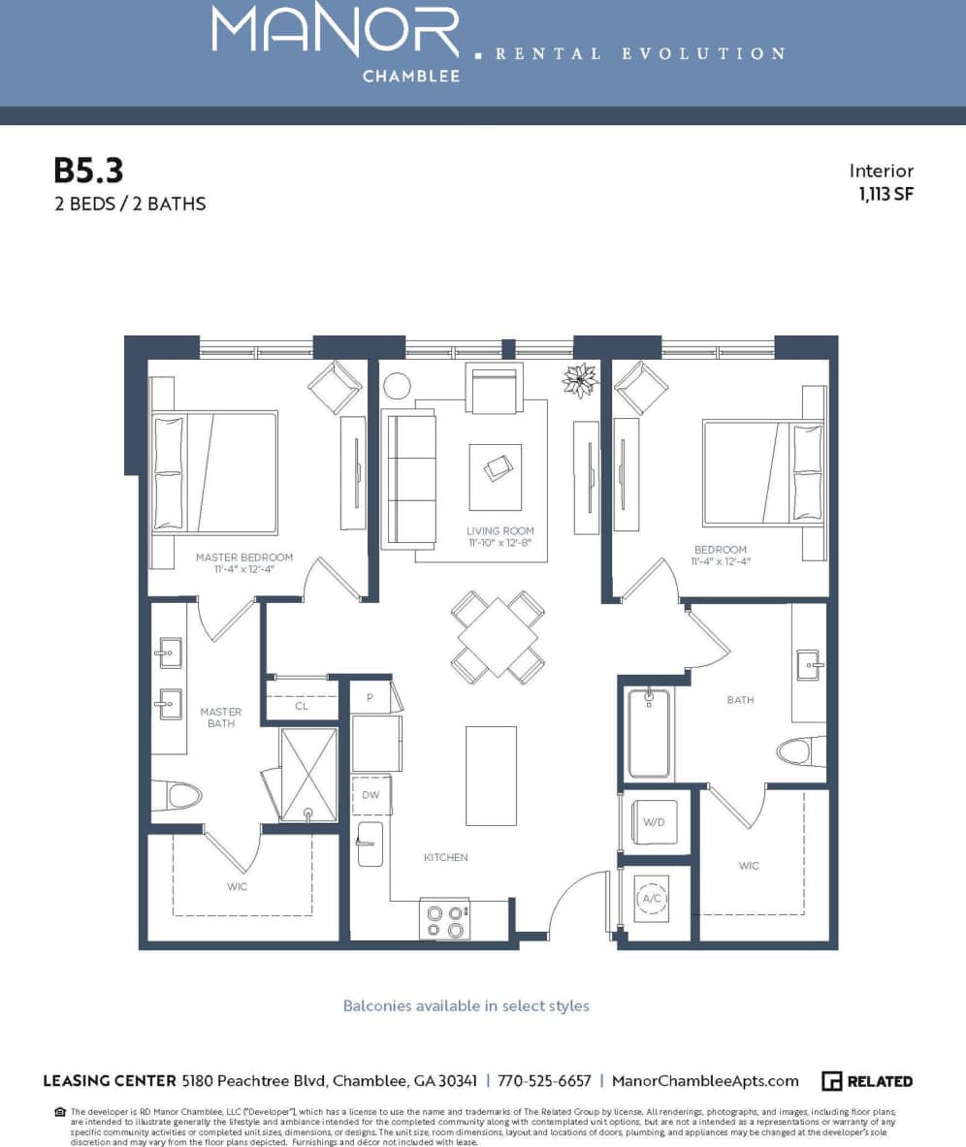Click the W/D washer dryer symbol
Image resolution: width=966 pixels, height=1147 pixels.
[x=655, y=822]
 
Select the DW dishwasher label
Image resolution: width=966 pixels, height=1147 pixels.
[x=370, y=794]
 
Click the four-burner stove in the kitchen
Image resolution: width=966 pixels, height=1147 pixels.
[x=444, y=919]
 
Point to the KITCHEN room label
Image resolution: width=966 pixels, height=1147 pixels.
[x=445, y=857]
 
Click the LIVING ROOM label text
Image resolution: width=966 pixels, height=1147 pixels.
[x=499, y=531]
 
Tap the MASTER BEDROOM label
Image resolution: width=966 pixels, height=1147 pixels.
[x=243, y=558]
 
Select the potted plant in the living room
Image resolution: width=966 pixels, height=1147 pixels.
[x=580, y=380]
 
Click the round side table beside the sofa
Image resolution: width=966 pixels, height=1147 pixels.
[x=398, y=386]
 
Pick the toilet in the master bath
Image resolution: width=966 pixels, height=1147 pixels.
[x=179, y=796]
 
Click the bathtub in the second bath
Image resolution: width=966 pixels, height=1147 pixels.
[x=648, y=733]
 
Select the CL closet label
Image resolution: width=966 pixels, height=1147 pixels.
[x=302, y=706]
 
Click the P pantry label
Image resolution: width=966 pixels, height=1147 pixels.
[x=370, y=697]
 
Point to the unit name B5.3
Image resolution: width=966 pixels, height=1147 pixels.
[x=88, y=171]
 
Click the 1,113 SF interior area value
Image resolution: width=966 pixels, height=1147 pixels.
[x=885, y=193]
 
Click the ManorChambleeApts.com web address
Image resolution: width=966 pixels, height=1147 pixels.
[x=706, y=1081]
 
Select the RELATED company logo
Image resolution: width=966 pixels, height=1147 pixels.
[x=866, y=1081]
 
